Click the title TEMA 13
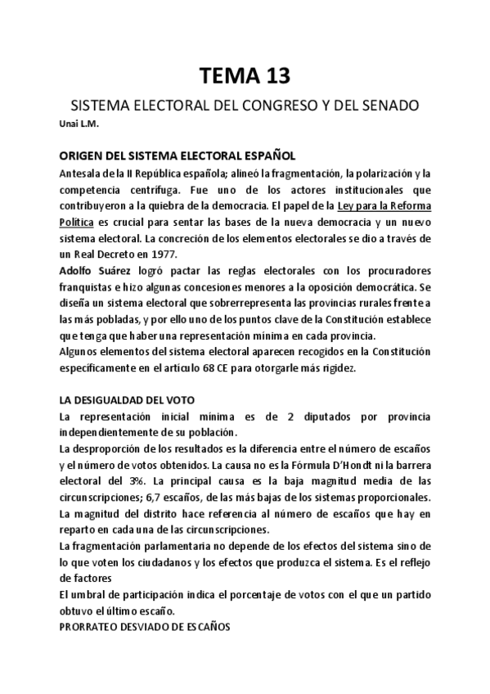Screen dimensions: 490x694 [x=245, y=76]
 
